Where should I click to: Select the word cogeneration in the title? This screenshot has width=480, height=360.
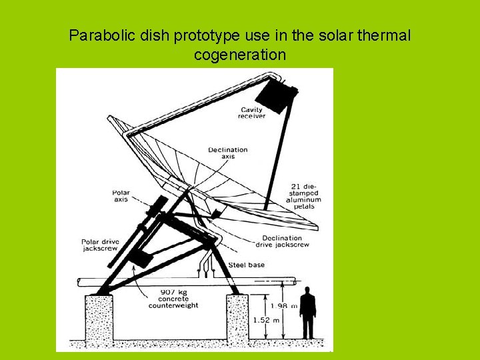coord(239,55)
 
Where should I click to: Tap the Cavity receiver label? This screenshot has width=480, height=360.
coord(251,113)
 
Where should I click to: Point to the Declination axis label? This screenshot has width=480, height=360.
coord(227,153)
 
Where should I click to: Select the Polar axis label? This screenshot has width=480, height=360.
coord(121,196)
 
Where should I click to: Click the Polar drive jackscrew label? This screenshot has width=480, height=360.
coord(99,246)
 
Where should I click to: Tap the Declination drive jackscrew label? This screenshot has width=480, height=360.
coord(281,241)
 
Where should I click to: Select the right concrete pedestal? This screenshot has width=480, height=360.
coord(237,320)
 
